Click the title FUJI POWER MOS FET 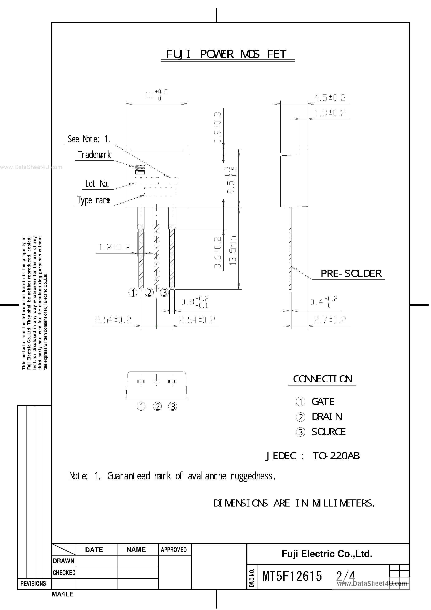pos(227,54)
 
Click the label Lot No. pos(97,184)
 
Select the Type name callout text pos(93,200)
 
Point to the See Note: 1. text pos(89,139)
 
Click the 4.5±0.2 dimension pos(330,98)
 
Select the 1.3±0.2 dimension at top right pos(330,113)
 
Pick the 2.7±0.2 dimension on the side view pos(330,320)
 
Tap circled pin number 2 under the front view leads pos(149,292)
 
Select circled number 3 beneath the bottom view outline pos(173,406)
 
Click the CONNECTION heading pos(323,379)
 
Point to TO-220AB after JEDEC pos(336,456)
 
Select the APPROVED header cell pos(174,550)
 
